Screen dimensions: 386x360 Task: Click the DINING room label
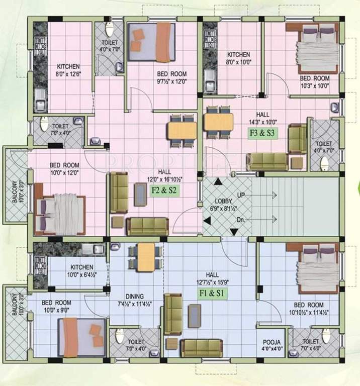click(x=135, y=296)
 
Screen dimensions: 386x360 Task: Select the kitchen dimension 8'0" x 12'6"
click(x=68, y=73)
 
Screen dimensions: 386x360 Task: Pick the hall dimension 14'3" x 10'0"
click(x=262, y=121)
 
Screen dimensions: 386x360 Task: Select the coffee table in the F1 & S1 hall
click(x=194, y=316)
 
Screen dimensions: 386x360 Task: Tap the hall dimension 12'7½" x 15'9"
click(x=212, y=282)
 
